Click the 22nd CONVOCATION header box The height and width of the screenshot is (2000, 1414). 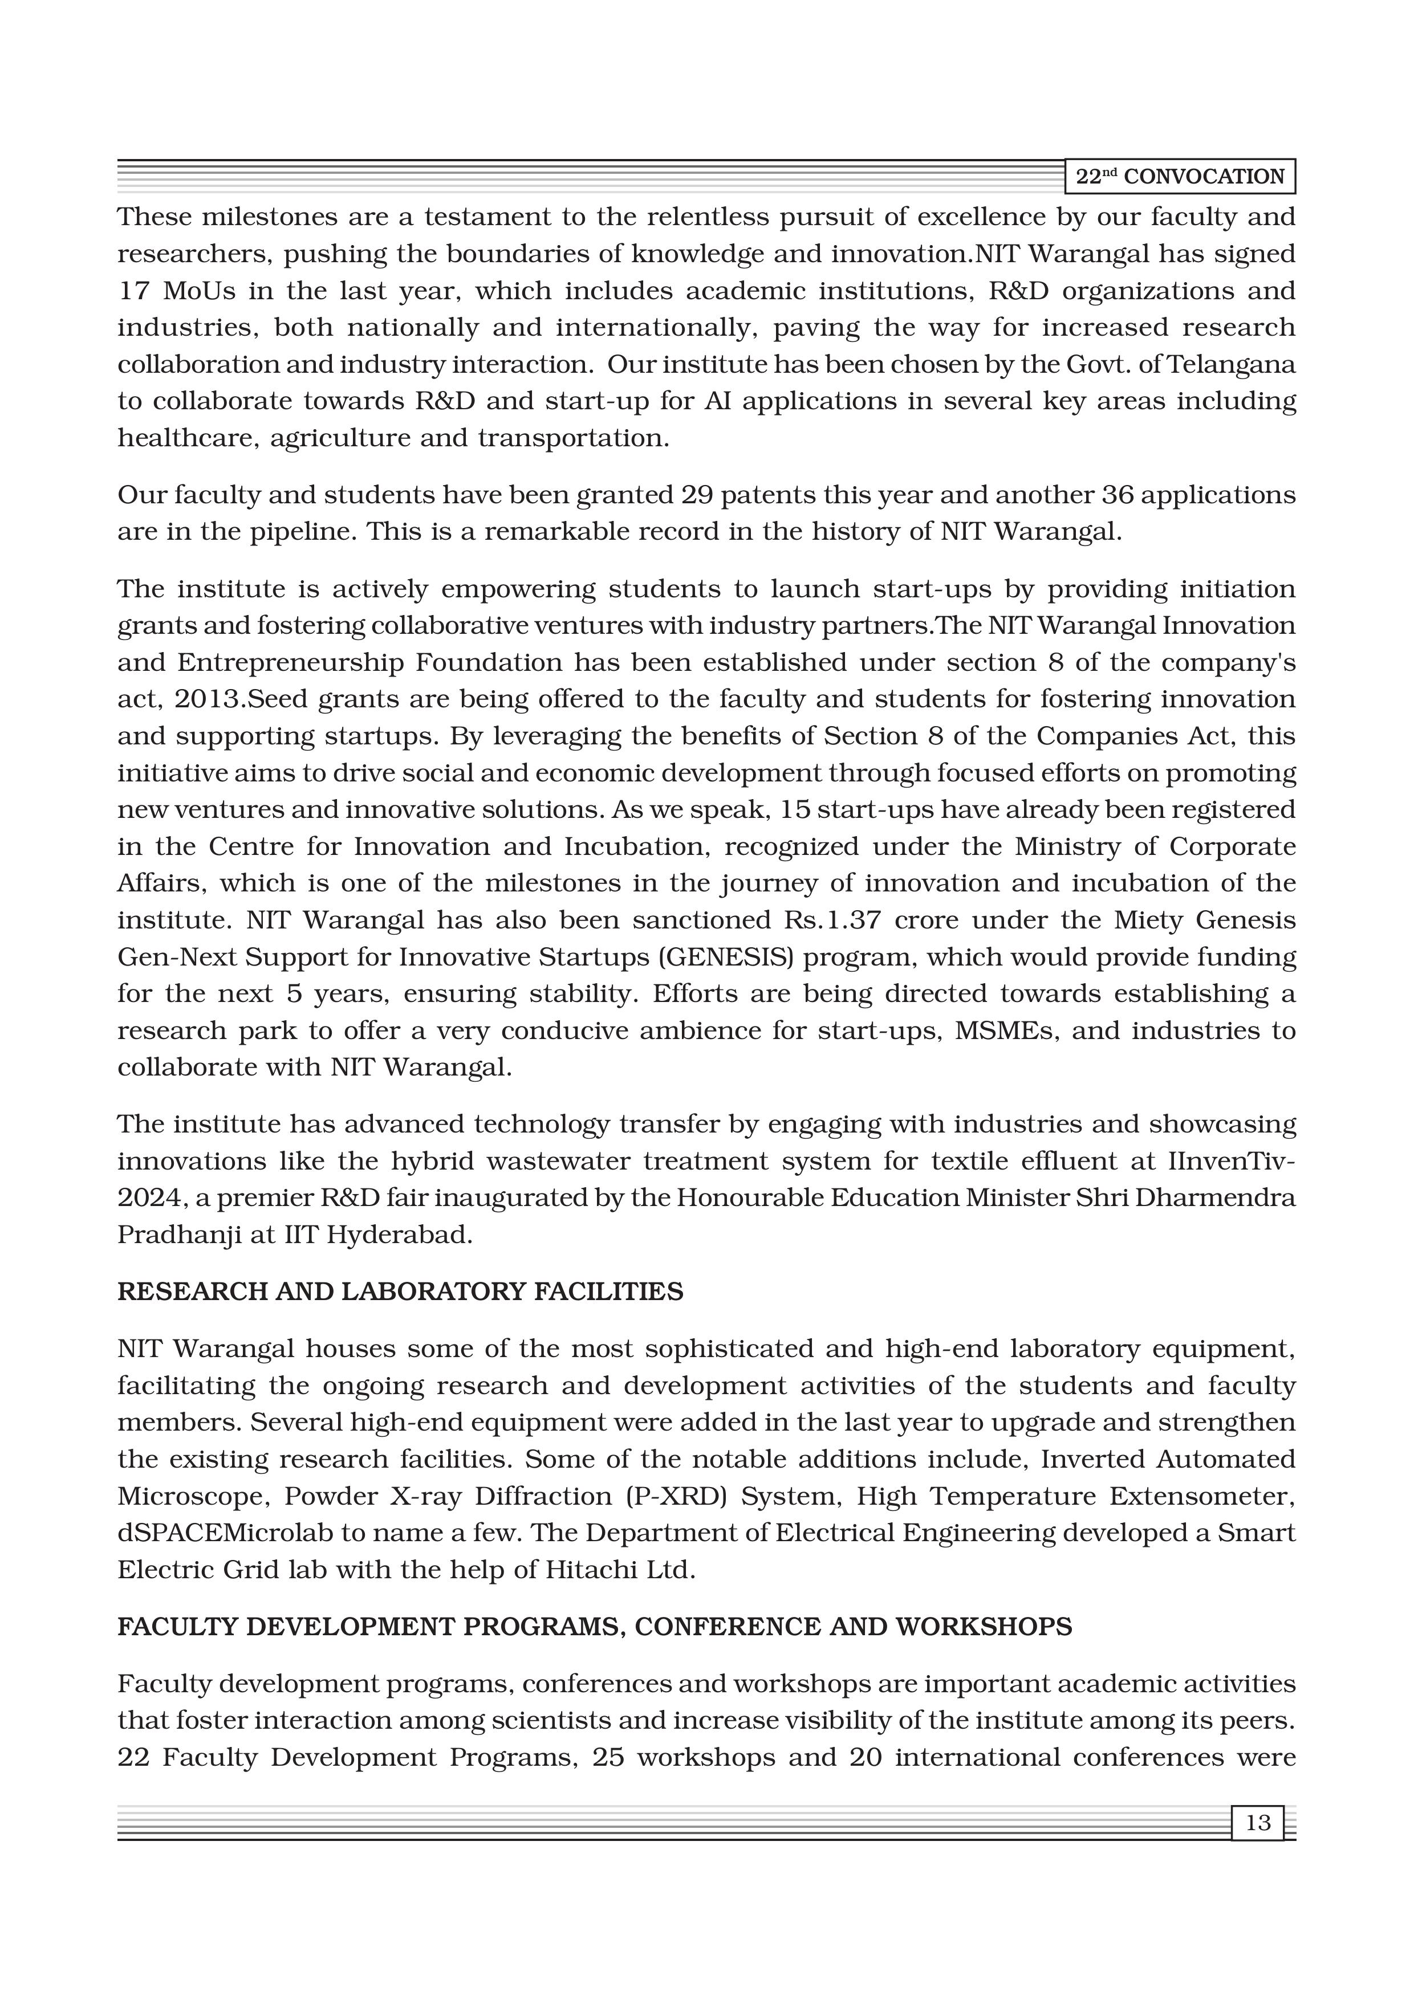tap(1180, 177)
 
